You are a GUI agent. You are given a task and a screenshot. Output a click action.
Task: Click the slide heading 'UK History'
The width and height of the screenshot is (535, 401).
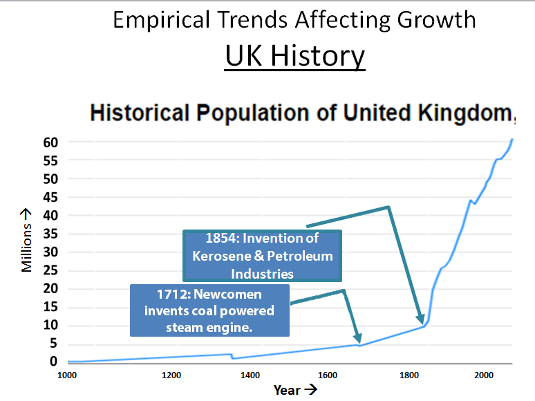tap(295, 55)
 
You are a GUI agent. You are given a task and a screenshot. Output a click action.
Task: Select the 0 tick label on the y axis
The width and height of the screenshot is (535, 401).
tap(53, 362)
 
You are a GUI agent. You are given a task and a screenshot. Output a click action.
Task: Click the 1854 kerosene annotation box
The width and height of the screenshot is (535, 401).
tap(262, 256)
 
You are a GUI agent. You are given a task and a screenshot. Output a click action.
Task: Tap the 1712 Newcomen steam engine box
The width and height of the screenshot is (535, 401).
tap(209, 310)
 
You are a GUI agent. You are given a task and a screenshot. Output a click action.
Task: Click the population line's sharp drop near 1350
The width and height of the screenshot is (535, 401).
tap(232, 357)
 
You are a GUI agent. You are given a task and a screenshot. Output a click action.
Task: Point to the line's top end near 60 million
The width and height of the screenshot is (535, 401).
tap(512, 140)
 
